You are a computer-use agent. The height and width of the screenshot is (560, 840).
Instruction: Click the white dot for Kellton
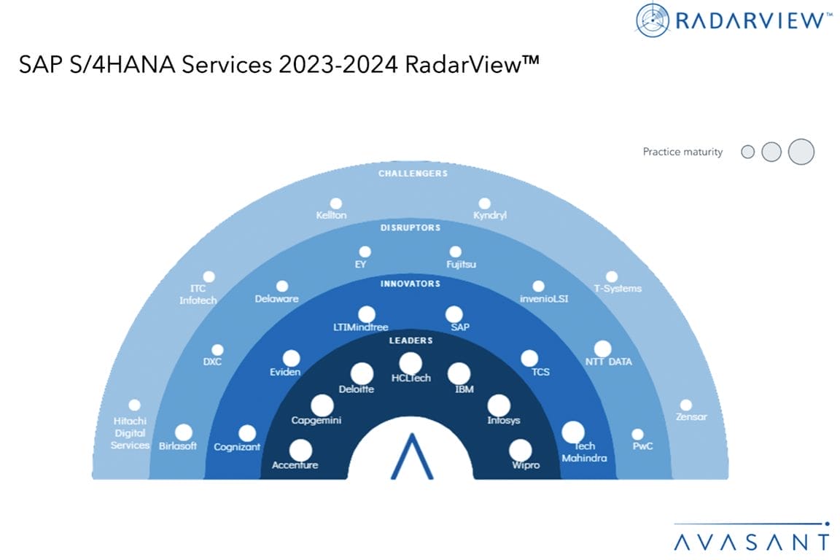(336, 203)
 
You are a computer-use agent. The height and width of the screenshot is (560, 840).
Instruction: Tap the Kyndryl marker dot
(484, 203)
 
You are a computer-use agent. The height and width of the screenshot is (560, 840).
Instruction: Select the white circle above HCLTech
(411, 364)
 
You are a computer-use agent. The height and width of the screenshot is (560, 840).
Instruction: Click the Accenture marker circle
(300, 451)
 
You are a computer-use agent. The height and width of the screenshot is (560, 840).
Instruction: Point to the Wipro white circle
(520, 451)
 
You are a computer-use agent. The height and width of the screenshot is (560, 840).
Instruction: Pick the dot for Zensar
(685, 405)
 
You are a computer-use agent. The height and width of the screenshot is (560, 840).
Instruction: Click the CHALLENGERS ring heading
(413, 174)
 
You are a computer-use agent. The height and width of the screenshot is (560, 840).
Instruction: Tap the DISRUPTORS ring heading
(411, 227)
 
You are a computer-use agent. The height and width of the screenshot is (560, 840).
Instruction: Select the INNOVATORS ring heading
(411, 284)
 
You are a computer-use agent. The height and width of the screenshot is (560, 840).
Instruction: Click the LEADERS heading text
(411, 341)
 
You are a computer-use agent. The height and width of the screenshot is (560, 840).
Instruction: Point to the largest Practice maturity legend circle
(801, 152)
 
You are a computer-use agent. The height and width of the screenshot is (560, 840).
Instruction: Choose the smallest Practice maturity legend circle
(748, 152)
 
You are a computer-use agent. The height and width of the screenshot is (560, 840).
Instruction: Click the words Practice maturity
(682, 152)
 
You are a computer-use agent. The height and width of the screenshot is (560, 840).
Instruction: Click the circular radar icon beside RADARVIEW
(652, 20)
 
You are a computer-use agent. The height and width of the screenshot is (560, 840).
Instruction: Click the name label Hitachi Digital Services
(130, 433)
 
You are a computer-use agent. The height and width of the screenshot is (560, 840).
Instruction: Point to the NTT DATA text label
(609, 362)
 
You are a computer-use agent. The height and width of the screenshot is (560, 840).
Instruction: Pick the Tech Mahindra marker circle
(572, 432)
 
